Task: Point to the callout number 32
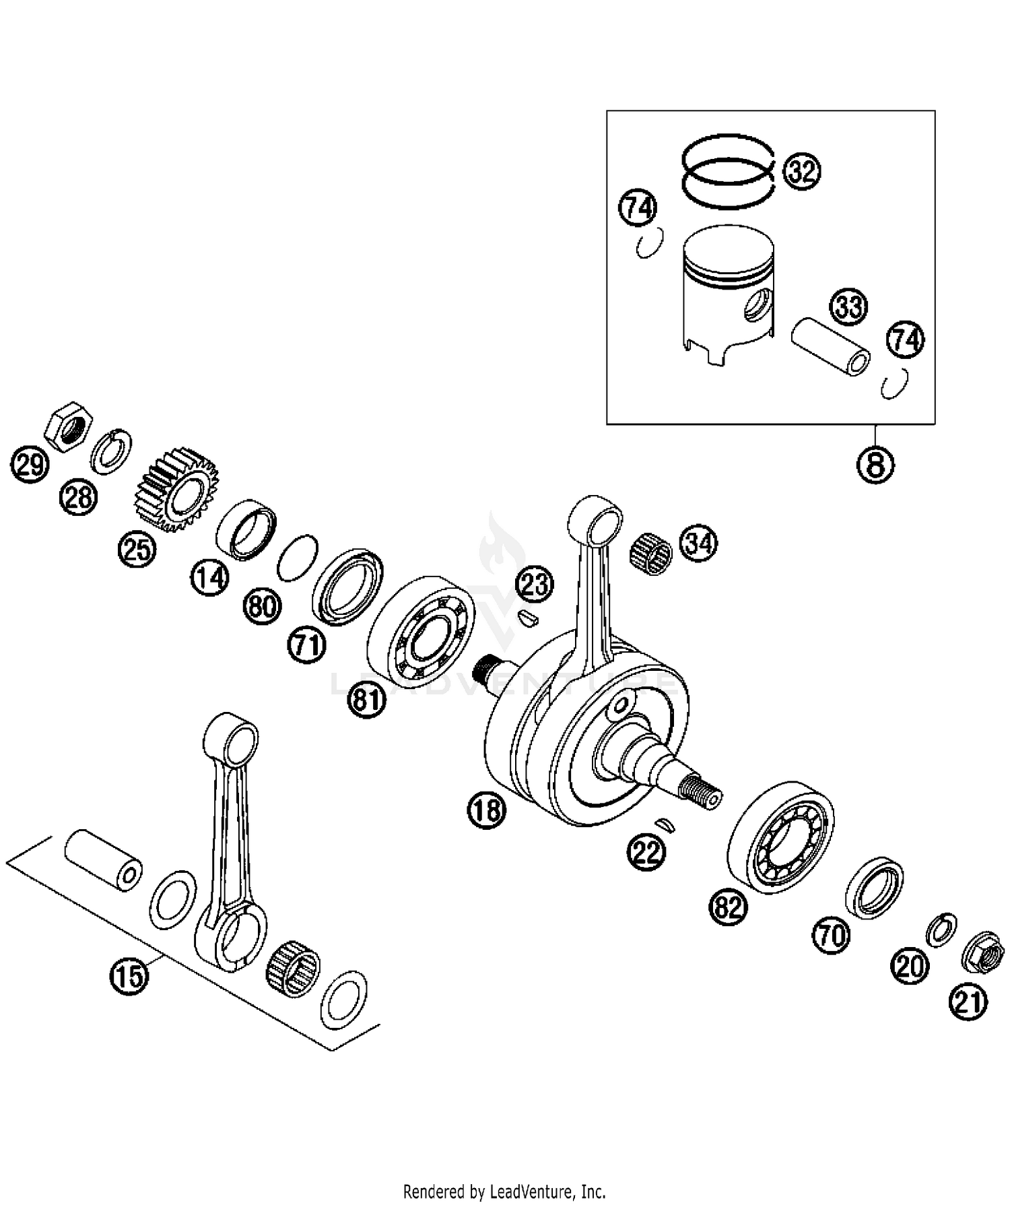[x=802, y=172]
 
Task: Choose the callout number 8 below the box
[x=875, y=464]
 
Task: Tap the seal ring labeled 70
[x=874, y=887]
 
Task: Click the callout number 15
[x=130, y=975]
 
